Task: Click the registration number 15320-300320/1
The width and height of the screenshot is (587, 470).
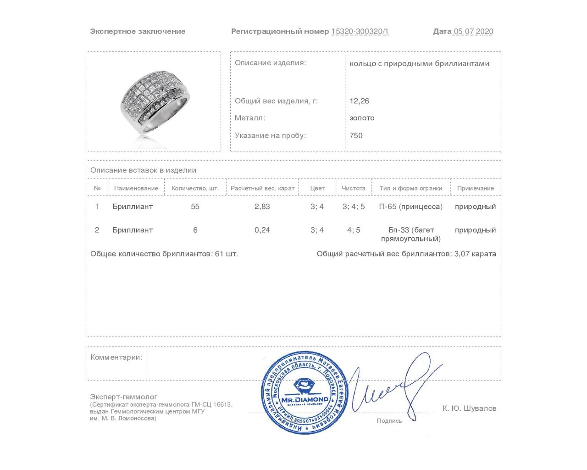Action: (x=360, y=32)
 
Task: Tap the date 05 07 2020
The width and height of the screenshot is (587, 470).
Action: (x=473, y=32)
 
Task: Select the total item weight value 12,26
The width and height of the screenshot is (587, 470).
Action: (x=359, y=101)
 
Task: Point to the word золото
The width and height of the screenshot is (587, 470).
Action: (x=362, y=118)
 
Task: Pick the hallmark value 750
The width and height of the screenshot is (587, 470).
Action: (x=356, y=135)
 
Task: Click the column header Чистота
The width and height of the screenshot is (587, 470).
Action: (x=353, y=188)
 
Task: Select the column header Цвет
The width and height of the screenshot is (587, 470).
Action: (x=317, y=188)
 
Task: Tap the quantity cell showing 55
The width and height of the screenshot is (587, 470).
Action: (x=195, y=207)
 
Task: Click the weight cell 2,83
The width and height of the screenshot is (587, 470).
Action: (x=262, y=207)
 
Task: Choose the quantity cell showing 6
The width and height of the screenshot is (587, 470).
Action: (x=195, y=230)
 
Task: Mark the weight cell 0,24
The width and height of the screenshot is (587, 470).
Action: (x=262, y=230)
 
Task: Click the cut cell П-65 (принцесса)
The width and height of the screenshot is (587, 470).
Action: (x=410, y=207)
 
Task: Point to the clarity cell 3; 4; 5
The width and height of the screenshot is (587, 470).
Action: (x=354, y=207)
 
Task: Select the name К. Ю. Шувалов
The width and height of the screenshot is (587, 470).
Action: (x=469, y=408)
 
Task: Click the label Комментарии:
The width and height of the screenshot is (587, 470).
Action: (x=116, y=357)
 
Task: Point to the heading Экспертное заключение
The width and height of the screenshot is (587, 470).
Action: (x=138, y=32)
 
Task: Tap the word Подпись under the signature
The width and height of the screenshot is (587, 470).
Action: (x=389, y=420)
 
